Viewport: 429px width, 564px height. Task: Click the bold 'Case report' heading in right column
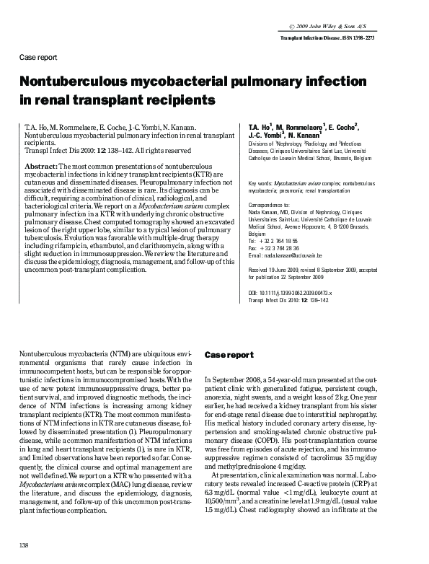pyautogui.click(x=229, y=356)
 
